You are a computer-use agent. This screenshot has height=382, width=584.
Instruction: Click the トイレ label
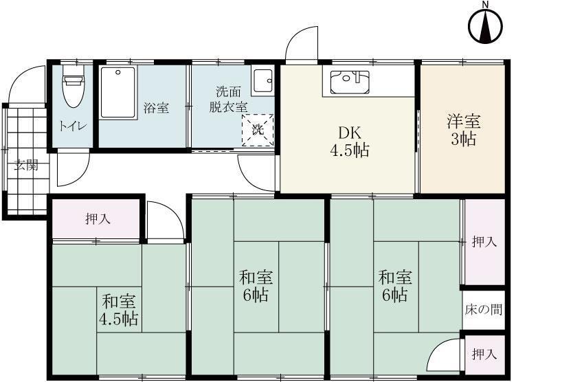[x=72, y=126]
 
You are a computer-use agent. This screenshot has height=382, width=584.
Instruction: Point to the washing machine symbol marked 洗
[x=258, y=130]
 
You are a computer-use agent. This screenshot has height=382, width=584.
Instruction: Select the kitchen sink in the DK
[x=350, y=82]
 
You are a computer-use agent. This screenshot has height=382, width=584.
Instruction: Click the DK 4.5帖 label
[x=350, y=142]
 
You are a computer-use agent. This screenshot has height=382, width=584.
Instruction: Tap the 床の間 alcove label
[x=483, y=310]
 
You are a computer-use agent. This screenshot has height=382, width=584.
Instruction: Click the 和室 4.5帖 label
[x=120, y=310]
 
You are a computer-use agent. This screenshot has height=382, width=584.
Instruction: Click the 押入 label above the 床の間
[x=484, y=241]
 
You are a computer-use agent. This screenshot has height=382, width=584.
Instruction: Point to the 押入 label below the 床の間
[x=484, y=354]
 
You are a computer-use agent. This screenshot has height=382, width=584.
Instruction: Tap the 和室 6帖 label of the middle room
[x=257, y=286]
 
